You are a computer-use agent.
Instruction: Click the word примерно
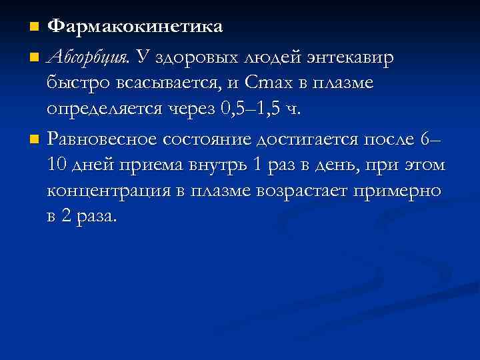click(406, 191)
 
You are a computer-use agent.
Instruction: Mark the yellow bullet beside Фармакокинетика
click(35, 27)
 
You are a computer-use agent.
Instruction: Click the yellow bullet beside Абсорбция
click(35, 57)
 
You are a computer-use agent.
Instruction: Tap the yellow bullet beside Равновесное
click(35, 139)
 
